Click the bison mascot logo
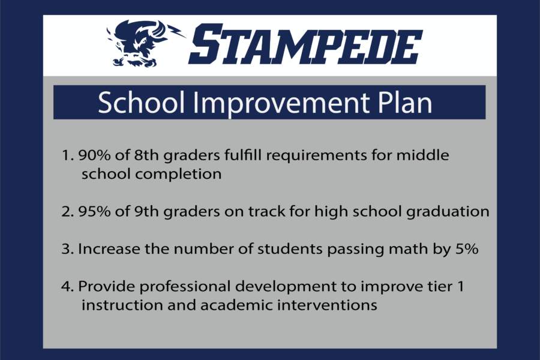click(x=145, y=44)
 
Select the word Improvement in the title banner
click(x=281, y=103)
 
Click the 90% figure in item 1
click(x=94, y=155)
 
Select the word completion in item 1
click(x=178, y=175)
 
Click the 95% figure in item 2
click(x=94, y=211)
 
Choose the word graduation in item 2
click(x=448, y=212)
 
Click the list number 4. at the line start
click(x=67, y=287)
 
